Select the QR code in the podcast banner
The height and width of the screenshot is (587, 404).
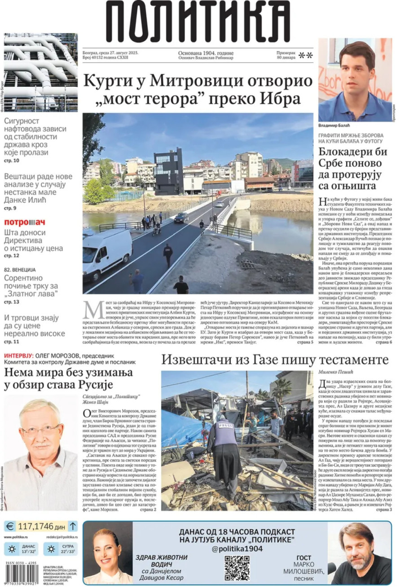pos(237,568)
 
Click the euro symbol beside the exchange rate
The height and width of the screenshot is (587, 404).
pos(11,525)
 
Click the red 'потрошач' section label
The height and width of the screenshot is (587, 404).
pos(25,222)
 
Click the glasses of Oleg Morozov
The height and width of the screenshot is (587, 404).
pos(41,430)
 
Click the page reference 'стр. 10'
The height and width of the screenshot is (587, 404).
pos(12,160)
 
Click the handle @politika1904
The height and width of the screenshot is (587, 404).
pos(237,548)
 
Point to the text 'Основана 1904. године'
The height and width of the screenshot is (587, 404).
pos(206,53)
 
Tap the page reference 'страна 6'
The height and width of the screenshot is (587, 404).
pos(384,342)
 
